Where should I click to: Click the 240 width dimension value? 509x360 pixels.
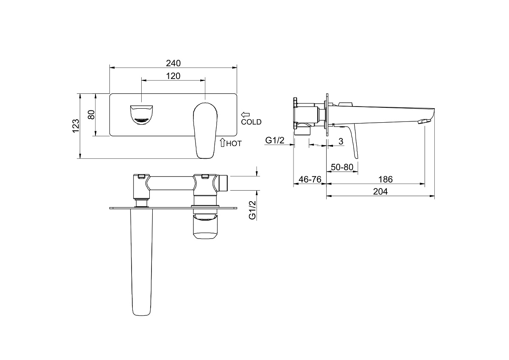173,63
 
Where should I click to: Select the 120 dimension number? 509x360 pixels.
173,76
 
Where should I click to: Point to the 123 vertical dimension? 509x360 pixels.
76,126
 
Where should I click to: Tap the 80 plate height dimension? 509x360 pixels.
91,115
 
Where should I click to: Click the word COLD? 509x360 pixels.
251,122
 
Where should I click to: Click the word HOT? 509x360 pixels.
234,144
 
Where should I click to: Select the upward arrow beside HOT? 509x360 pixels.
222,142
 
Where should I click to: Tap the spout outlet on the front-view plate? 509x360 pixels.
141,115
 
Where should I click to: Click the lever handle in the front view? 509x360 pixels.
205,130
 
